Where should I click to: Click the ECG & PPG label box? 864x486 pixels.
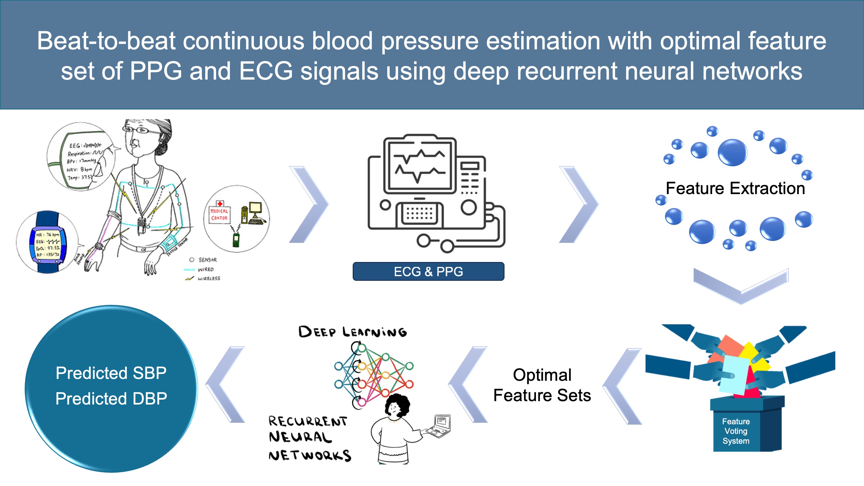(x=428, y=271)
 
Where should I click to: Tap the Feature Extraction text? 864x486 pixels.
(x=735, y=188)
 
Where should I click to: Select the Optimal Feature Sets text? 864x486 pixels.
(x=542, y=385)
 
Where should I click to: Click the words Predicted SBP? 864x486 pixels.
(x=111, y=373)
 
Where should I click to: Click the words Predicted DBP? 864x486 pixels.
(x=111, y=398)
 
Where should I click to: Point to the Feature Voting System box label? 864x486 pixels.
(x=736, y=431)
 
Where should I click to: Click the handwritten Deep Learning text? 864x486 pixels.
(x=352, y=332)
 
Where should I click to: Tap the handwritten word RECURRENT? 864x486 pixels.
(x=308, y=421)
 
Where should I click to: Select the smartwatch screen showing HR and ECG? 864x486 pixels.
(x=48, y=244)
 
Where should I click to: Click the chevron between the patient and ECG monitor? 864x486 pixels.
(x=309, y=204)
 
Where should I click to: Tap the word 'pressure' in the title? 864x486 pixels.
(x=429, y=41)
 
